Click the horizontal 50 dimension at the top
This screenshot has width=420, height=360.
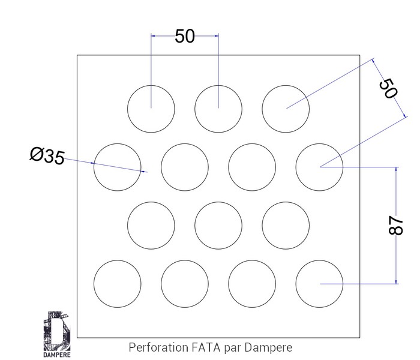(185, 36)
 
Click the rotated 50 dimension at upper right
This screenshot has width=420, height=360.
(389, 89)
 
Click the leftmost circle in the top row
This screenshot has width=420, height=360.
(151, 109)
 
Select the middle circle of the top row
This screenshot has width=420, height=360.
(218, 109)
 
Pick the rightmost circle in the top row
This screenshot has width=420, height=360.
(286, 109)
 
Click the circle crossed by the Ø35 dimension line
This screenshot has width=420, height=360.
(118, 167)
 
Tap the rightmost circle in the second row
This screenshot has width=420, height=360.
(320, 167)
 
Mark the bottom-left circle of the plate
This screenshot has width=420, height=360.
(118, 283)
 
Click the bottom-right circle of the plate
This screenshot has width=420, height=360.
(320, 283)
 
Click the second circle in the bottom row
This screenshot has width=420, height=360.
(185, 283)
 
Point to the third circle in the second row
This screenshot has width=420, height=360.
(253, 167)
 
